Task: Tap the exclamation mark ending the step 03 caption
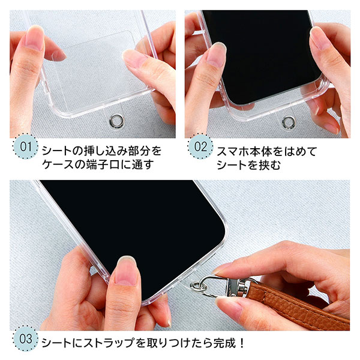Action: coord(241,343)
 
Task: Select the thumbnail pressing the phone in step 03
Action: coord(127,270)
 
